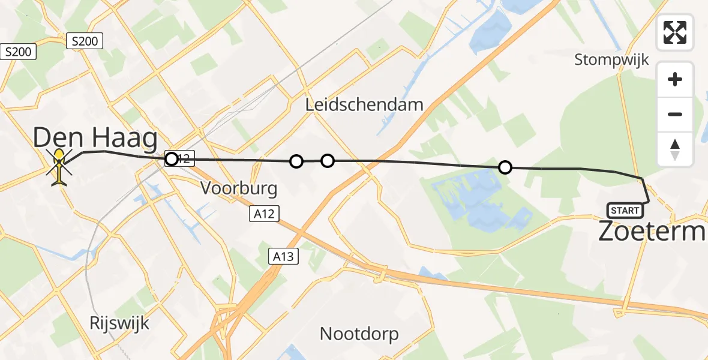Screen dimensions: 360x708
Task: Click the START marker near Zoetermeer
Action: [x=625, y=210]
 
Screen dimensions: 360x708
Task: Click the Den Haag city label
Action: [x=95, y=137]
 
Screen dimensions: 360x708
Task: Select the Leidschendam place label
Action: [x=364, y=104]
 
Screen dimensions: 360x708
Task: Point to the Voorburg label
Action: [x=239, y=188]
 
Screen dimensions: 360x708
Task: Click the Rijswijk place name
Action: [x=119, y=322]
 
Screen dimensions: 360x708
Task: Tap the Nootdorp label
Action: [x=359, y=334]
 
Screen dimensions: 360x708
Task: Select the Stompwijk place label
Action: [x=611, y=59]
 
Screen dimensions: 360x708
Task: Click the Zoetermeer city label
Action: [x=652, y=231]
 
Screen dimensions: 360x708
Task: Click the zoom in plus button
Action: [x=675, y=79]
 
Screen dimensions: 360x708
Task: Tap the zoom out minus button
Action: [x=675, y=114]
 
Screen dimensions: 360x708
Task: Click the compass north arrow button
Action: [x=675, y=149]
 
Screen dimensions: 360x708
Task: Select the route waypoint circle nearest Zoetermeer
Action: [x=505, y=167]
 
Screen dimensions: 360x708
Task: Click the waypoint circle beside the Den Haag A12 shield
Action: [x=172, y=159]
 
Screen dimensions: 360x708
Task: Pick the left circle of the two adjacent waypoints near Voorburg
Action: [x=296, y=161]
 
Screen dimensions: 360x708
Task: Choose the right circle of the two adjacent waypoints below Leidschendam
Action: [x=327, y=160]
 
